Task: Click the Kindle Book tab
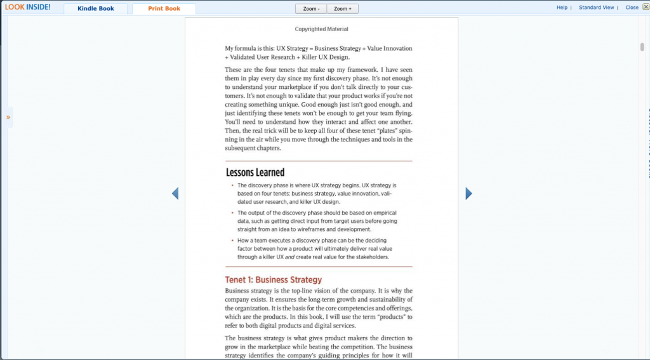click(x=96, y=9)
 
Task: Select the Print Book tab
click(x=164, y=9)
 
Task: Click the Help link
click(x=562, y=8)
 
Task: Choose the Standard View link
click(x=596, y=8)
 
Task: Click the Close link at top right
click(x=632, y=8)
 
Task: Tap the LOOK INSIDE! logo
click(x=28, y=8)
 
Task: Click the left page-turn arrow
click(x=175, y=194)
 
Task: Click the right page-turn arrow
click(x=468, y=194)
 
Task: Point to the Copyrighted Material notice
click(x=321, y=29)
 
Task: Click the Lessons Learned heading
click(x=255, y=173)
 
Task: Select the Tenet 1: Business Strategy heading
click(x=273, y=280)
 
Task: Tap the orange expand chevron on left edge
click(x=8, y=117)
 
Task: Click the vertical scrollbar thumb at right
click(x=642, y=47)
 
